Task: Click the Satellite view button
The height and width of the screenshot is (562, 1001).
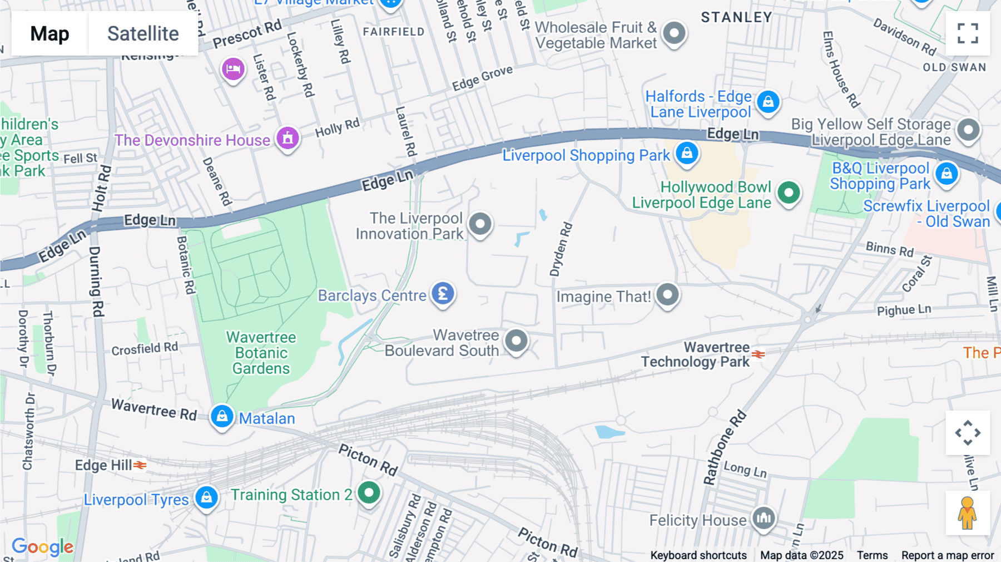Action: click(143, 33)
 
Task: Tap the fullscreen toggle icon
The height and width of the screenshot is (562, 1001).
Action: click(968, 33)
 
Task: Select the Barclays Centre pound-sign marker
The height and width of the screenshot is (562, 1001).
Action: click(443, 294)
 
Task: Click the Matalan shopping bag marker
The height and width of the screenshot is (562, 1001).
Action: click(222, 416)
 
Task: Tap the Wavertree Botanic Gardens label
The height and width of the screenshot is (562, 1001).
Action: click(261, 353)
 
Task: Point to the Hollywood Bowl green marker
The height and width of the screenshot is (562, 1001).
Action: click(788, 193)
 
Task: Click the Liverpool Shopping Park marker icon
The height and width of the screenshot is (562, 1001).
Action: click(687, 152)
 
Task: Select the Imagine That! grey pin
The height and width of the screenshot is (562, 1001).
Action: click(667, 294)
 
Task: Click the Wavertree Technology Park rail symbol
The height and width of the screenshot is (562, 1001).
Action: click(759, 354)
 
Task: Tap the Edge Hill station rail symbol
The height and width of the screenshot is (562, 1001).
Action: click(140, 465)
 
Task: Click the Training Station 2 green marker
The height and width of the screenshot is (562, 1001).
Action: click(369, 492)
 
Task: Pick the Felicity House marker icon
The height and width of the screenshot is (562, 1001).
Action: click(764, 519)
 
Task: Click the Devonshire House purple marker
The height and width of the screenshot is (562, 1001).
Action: click(288, 137)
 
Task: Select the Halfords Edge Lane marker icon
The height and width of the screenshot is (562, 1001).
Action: click(768, 102)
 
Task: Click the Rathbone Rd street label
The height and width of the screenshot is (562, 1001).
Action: click(724, 448)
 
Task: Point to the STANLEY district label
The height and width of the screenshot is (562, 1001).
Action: click(736, 18)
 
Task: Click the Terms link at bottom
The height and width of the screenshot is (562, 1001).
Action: click(872, 555)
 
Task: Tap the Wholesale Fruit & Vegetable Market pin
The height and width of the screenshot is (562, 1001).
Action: click(674, 33)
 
